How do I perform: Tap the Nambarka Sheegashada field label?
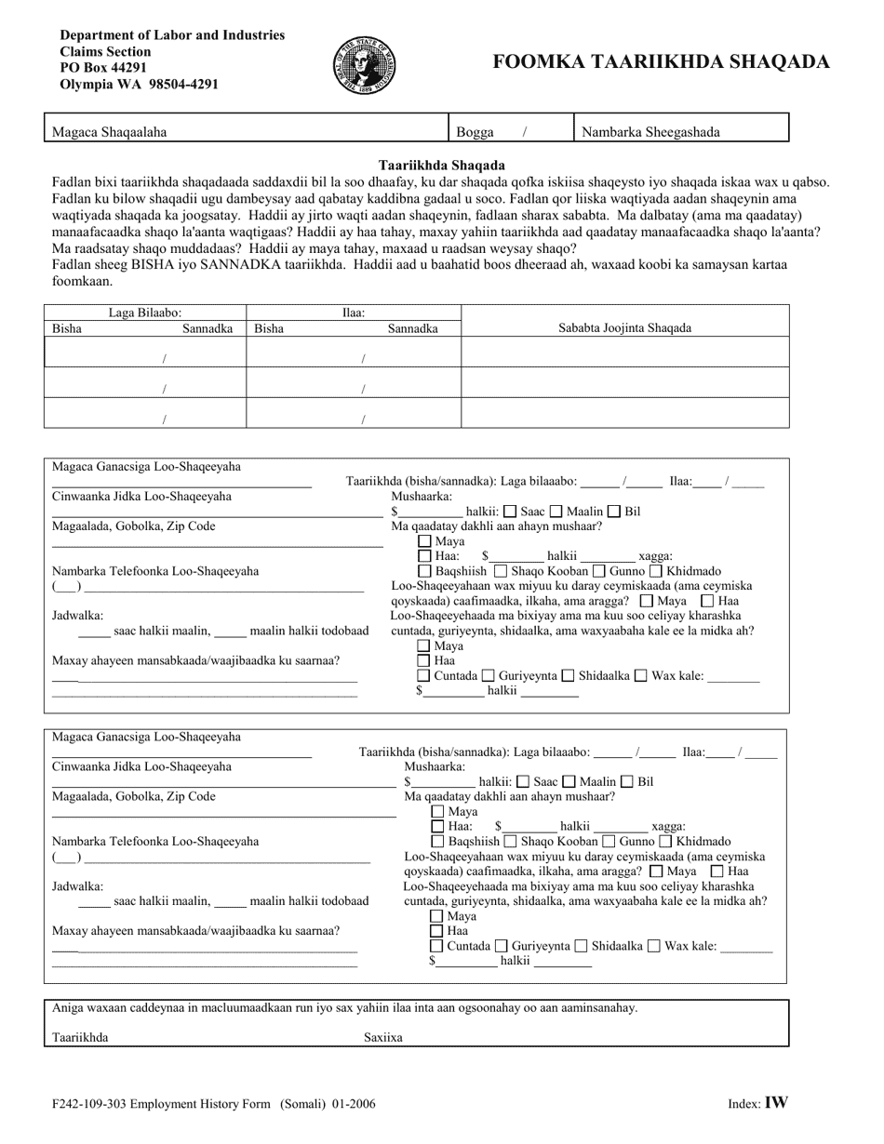coord(650,132)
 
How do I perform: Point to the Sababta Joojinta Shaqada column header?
coord(624,327)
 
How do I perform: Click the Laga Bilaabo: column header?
coord(144,313)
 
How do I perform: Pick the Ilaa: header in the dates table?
coord(354,313)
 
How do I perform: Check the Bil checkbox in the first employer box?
coord(614,511)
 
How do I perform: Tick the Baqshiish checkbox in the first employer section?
coord(425,570)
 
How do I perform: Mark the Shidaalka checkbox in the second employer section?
coord(582,946)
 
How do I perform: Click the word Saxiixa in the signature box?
coord(382,1037)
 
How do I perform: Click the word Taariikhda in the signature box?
coord(80,1037)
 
